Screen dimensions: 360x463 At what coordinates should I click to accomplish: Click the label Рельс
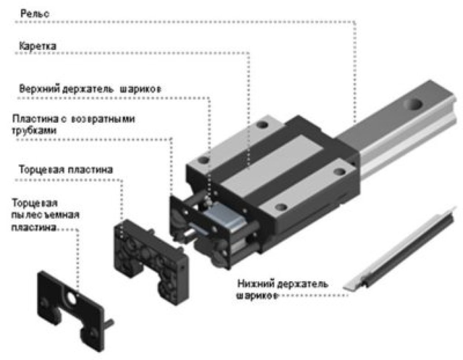(x=34, y=14)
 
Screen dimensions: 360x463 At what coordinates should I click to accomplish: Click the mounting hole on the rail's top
(x=415, y=105)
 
